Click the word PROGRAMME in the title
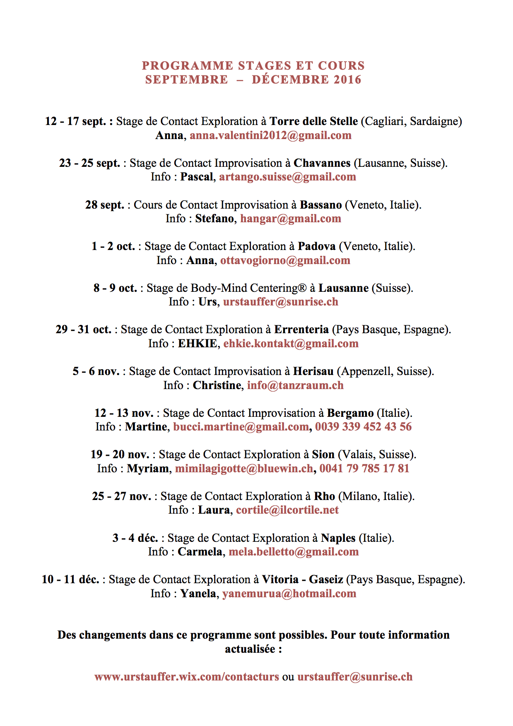[x=188, y=66]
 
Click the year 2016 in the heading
[x=347, y=79]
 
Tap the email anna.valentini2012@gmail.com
[x=270, y=135]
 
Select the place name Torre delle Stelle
[x=313, y=121]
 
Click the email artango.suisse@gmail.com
[x=287, y=177]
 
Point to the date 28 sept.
[x=104, y=205]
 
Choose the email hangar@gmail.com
[x=290, y=219]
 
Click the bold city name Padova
[x=316, y=246]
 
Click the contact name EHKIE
[x=197, y=344]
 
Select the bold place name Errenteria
[x=301, y=329]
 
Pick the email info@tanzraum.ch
[x=295, y=385]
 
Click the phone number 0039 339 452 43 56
[x=363, y=427]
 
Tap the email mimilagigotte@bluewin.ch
[x=244, y=469]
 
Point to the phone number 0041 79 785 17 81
[x=364, y=469]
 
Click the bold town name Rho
[x=324, y=496]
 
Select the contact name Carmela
[x=200, y=552]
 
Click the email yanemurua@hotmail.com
[x=289, y=594]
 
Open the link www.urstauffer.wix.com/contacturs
[x=186, y=677]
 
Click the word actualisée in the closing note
[x=250, y=649]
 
